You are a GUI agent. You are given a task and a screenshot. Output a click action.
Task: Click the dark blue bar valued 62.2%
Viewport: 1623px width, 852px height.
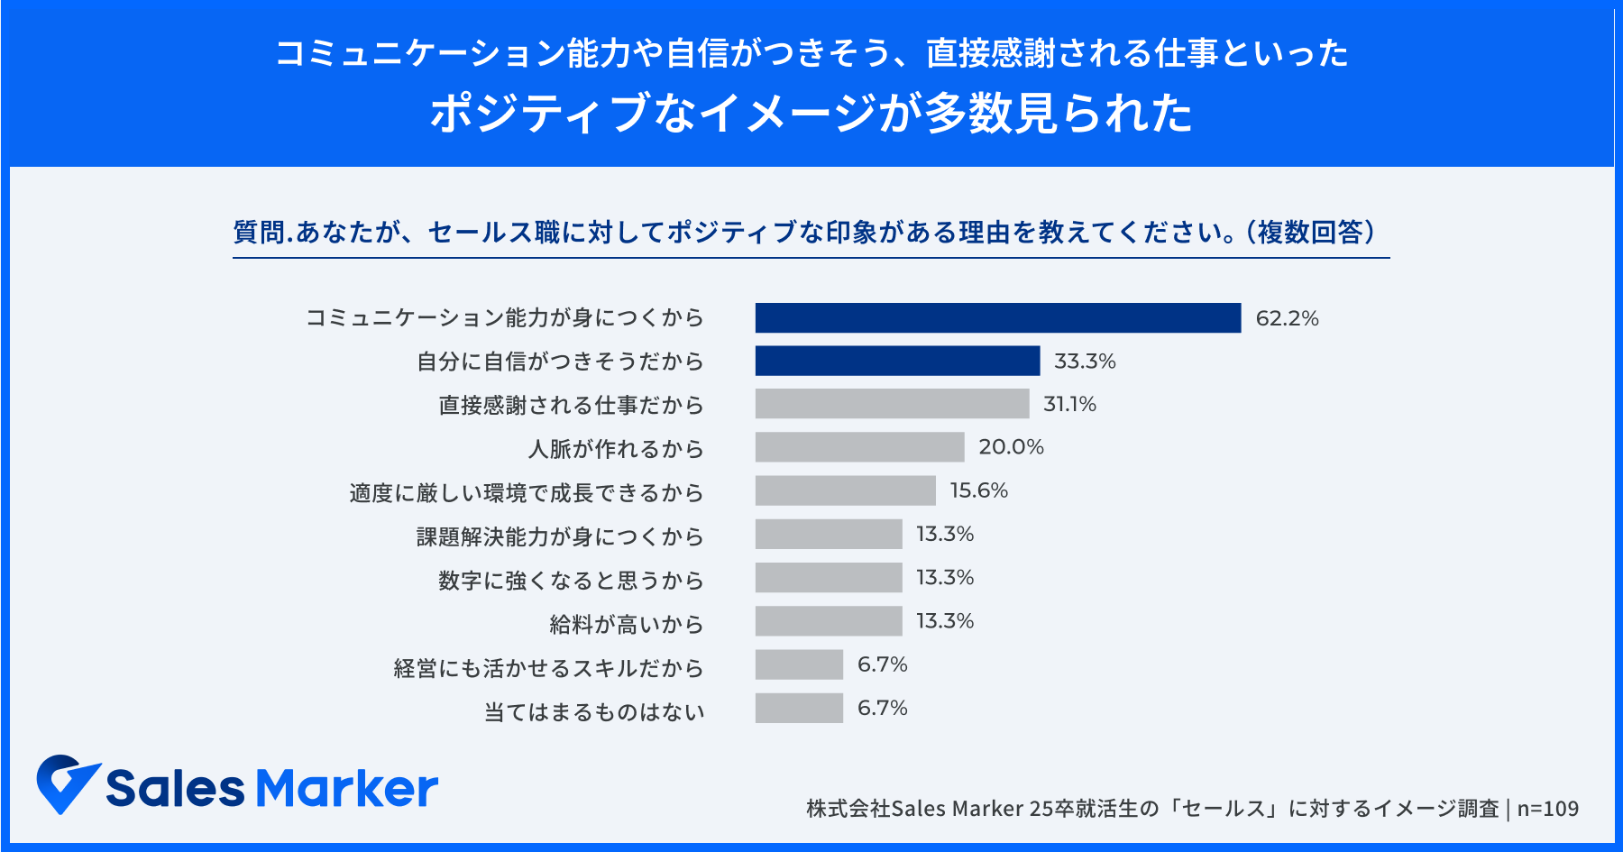coord(998,318)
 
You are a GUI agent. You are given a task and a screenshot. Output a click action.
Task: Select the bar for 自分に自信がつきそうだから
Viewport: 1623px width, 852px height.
coord(897,361)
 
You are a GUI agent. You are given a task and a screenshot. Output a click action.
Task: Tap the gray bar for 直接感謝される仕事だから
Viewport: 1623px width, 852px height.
coord(892,404)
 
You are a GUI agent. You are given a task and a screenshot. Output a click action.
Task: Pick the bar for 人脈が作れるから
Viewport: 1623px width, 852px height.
coord(859,447)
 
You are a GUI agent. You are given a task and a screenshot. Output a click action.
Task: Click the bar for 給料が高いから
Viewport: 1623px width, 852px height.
coord(829,621)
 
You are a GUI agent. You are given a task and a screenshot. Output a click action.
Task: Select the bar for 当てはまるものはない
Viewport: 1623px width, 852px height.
coord(799,708)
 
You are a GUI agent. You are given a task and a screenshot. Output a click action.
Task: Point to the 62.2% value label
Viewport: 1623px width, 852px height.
coord(1287,318)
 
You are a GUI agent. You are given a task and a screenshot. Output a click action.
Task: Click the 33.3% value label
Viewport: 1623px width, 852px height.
coord(1085,362)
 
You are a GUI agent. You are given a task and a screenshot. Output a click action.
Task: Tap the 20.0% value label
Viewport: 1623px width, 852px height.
coord(1011,447)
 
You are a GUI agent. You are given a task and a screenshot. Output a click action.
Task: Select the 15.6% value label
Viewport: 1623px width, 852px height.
coord(978,490)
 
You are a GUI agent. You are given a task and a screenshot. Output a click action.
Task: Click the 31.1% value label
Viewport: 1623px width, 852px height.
coord(1069,404)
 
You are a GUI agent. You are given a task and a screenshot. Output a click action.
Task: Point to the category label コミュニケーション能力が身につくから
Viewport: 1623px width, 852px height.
coord(504,318)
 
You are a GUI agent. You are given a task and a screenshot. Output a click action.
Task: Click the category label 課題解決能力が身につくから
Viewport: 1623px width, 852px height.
coord(559,537)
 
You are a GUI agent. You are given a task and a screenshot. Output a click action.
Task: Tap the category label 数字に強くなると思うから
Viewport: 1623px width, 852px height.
coord(570,581)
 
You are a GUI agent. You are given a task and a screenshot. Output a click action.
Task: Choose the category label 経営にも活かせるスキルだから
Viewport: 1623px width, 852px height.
coord(548,668)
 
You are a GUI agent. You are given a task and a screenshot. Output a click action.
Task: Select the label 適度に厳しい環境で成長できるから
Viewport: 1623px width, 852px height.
coord(526,493)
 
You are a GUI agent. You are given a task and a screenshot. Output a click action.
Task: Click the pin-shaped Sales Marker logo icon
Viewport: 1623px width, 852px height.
coord(67,783)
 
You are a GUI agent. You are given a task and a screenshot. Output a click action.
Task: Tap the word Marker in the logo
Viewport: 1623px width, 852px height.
coord(347,788)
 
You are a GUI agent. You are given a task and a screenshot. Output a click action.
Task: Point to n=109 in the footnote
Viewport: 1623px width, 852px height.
coord(1547,809)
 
